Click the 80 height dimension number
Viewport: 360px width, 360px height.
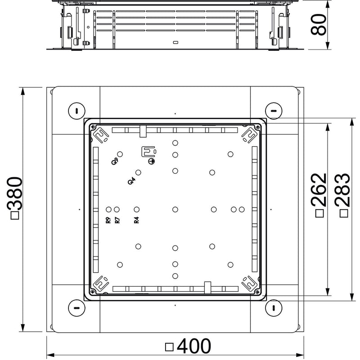click(x=318, y=25)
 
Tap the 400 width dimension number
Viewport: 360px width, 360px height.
click(x=194, y=346)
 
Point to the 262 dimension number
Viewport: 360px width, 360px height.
click(x=319, y=189)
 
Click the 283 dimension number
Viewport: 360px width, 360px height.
click(x=342, y=190)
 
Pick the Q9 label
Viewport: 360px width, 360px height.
click(x=115, y=162)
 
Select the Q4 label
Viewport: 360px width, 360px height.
click(x=131, y=181)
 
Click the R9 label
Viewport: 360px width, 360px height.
click(x=108, y=220)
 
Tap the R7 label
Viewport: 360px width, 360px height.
click(x=117, y=220)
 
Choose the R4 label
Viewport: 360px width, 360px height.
click(x=137, y=220)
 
